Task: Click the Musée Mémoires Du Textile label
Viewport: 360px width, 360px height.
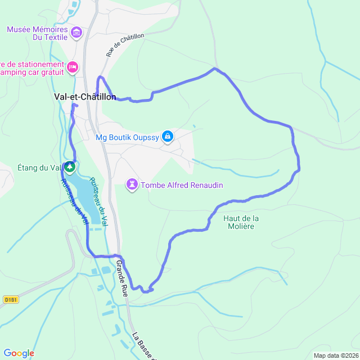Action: click(37, 33)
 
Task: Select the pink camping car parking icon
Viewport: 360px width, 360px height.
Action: click(72, 68)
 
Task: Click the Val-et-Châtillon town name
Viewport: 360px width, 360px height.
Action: click(84, 97)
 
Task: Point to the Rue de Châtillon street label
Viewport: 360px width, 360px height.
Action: click(125, 45)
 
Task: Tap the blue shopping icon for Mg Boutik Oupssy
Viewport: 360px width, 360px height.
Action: click(167, 136)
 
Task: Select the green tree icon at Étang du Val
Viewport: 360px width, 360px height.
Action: click(69, 166)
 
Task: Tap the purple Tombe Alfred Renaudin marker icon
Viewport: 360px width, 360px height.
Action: click(132, 184)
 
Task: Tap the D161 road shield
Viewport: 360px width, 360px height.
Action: click(10, 299)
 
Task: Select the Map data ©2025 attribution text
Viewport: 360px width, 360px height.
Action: click(335, 355)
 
